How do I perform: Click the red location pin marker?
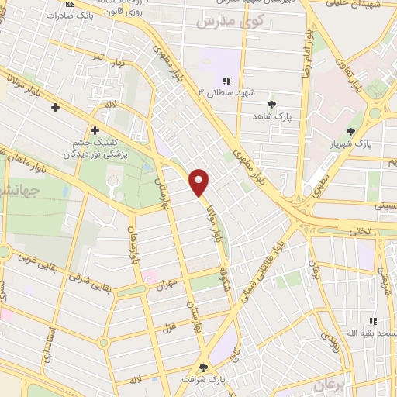click(x=200, y=182)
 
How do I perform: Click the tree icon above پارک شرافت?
click(x=204, y=368)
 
